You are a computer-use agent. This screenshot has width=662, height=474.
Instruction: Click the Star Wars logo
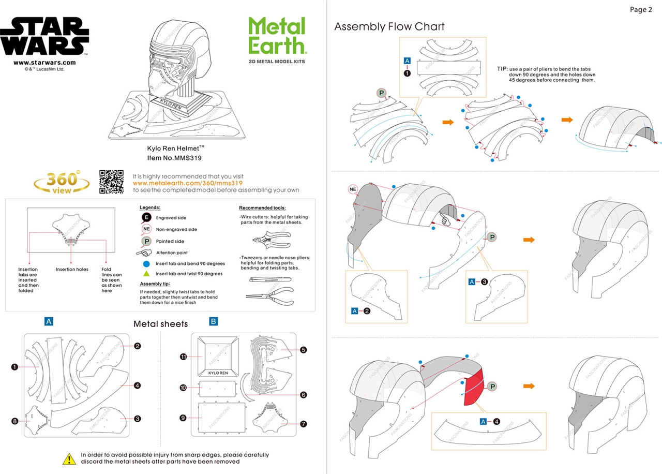pos(44,37)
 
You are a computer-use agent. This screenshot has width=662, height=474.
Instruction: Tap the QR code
pos(111,182)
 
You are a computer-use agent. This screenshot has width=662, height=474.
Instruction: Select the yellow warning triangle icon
pos(69,458)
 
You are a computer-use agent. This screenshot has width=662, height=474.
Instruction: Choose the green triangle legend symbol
pos(146,273)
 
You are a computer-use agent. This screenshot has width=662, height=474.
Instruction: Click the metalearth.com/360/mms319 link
pos(188,183)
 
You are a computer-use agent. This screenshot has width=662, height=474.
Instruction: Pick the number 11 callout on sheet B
pos(183,357)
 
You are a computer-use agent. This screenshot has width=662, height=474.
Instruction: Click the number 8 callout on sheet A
pos(14,421)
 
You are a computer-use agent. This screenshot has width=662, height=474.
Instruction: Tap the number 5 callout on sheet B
pos(304,350)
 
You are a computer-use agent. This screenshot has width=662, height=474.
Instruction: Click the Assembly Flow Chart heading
pos(389,26)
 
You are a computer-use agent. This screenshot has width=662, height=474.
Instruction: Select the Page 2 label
pos(641,9)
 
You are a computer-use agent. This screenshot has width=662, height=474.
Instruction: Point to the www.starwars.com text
pos(44,63)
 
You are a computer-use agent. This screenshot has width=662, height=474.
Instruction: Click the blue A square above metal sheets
pos(49,321)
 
